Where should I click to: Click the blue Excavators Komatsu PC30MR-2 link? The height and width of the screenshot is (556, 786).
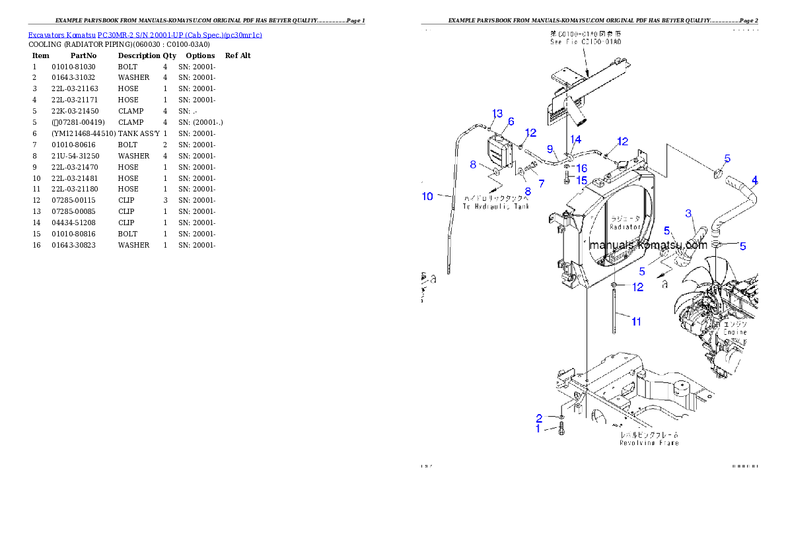(145, 35)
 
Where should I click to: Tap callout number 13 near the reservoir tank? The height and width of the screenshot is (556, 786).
(497, 114)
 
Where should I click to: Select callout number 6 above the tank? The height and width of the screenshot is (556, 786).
(511, 122)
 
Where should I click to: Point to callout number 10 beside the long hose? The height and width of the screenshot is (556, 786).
(427, 196)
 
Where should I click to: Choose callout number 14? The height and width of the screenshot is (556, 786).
(576, 139)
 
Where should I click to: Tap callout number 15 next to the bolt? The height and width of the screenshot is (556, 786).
(581, 180)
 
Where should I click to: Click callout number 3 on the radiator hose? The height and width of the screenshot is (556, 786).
(688, 213)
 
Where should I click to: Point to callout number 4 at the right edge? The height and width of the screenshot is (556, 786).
(755, 180)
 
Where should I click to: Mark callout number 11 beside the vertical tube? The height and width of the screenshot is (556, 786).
(636, 322)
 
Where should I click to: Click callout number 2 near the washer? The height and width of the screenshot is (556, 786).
(539, 418)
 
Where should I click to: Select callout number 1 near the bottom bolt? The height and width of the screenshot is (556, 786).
(538, 429)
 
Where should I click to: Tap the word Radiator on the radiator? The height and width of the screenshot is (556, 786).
(625, 227)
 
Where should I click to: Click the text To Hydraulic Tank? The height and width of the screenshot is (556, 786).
(495, 207)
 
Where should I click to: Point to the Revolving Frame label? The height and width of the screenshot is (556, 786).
(649, 443)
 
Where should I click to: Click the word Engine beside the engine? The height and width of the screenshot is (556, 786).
(734, 333)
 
